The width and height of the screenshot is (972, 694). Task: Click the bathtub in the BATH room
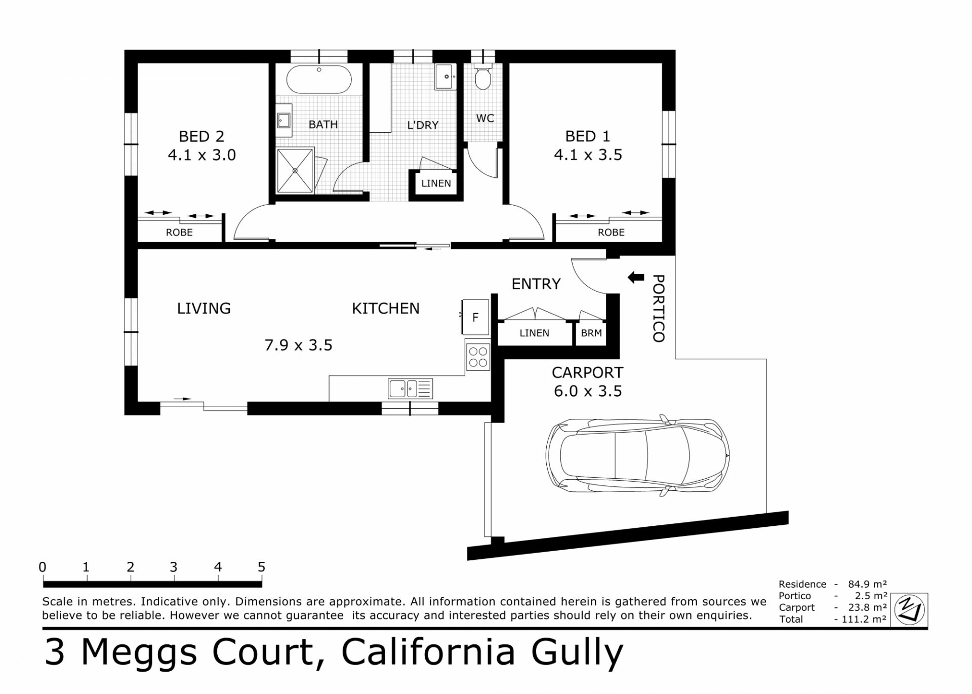(319, 80)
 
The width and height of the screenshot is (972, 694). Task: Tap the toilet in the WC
(483, 76)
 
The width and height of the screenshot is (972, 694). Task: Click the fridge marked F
(475, 317)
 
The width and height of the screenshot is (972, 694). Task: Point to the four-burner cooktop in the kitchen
(478, 356)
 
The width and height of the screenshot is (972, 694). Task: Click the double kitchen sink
(410, 389)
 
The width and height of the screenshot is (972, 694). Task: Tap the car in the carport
(637, 455)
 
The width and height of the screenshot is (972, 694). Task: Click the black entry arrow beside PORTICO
(636, 277)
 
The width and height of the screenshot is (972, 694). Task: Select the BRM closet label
(591, 333)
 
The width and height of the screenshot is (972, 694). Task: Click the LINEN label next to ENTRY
(534, 333)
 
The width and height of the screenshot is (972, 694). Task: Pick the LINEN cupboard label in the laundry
(436, 183)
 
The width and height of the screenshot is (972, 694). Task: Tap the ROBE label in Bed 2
(179, 233)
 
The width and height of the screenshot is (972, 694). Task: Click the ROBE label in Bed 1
(611, 233)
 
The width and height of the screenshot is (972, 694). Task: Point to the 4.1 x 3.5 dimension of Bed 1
(588, 155)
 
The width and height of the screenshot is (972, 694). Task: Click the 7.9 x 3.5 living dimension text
(298, 345)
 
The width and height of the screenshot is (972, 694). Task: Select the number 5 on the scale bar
(261, 567)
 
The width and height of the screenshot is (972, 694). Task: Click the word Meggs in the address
(139, 652)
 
